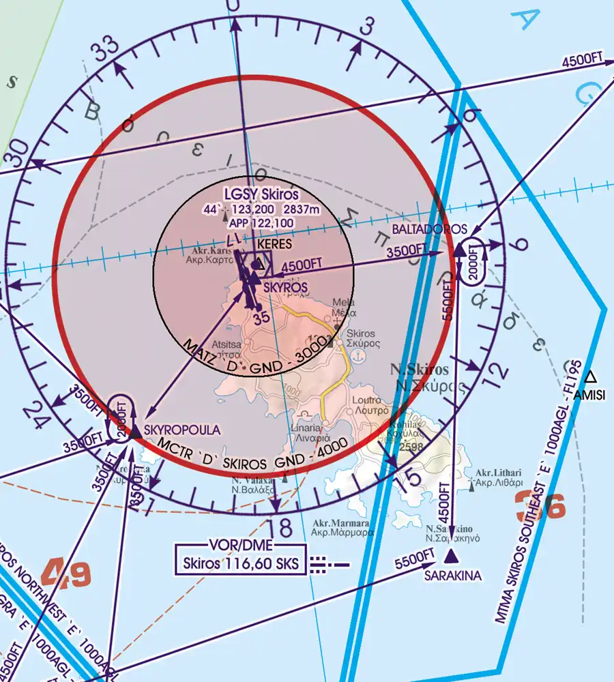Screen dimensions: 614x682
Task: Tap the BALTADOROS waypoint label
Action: point(429,229)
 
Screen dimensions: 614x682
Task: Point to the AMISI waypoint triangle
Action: point(591,376)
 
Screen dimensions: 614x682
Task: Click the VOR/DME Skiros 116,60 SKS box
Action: point(239,559)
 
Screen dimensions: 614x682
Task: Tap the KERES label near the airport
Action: point(274,243)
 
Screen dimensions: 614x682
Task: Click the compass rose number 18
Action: point(280,528)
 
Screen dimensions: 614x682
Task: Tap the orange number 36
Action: point(540,506)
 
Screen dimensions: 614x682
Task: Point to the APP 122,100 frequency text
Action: point(261,222)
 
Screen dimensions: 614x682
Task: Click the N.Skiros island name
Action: point(419,370)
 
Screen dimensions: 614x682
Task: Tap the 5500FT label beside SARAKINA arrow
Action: point(414,558)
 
